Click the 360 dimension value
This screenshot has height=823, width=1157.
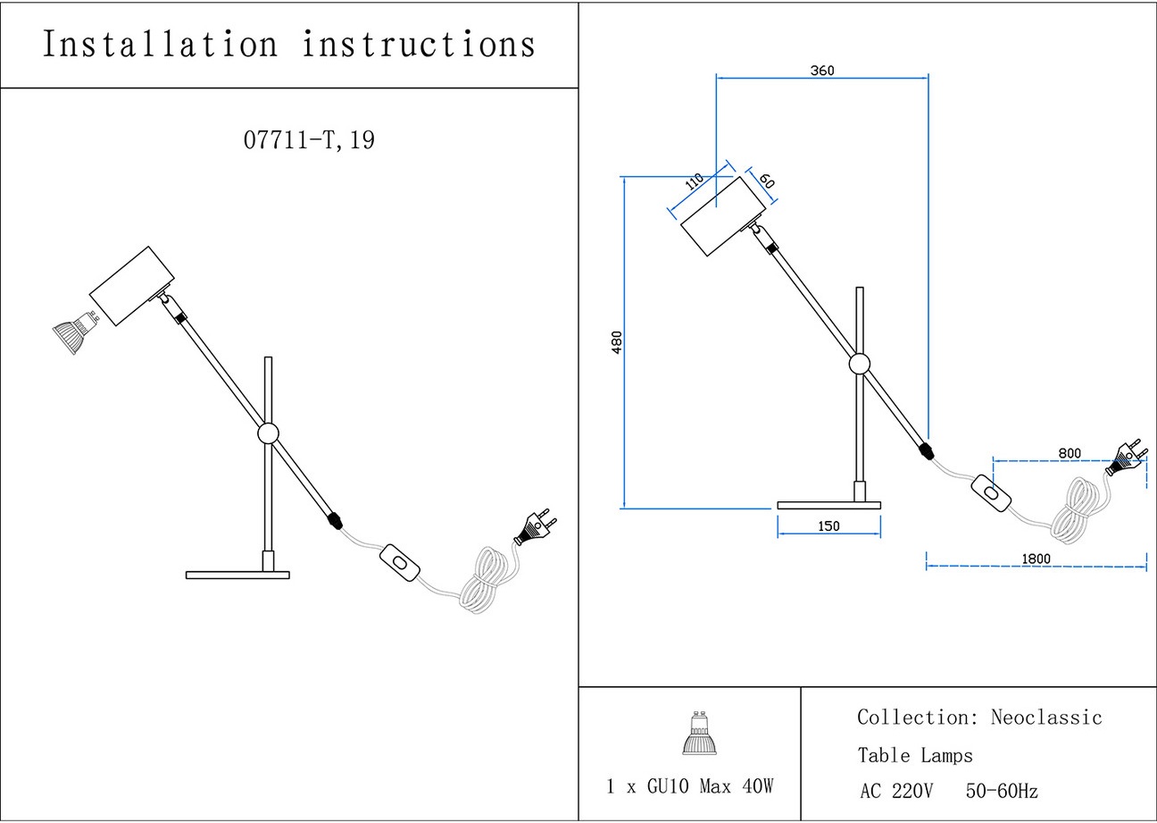tap(822, 71)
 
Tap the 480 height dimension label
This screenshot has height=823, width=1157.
tap(616, 341)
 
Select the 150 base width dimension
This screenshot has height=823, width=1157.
tap(828, 526)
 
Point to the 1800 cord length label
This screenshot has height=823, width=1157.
tap(1036, 558)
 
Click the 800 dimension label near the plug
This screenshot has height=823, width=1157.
tap(1070, 453)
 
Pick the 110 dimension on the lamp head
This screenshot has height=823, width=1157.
tap(694, 181)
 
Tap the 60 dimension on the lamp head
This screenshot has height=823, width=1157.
tap(767, 179)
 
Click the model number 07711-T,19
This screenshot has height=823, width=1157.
tap(309, 140)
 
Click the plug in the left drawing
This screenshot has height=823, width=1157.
tap(535, 527)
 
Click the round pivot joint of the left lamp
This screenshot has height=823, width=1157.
tap(267, 434)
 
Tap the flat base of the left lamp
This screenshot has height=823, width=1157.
tap(237, 575)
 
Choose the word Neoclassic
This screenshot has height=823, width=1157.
tap(1046, 718)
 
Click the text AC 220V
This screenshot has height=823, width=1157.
tap(896, 792)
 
